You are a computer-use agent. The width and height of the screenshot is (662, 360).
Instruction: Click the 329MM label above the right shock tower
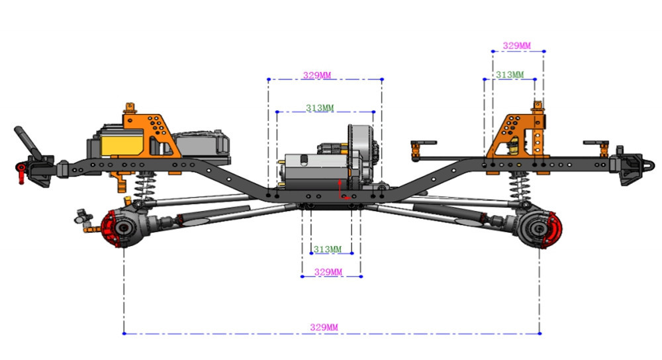tap(517, 46)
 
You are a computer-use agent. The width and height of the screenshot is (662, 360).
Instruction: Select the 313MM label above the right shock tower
tap(510, 75)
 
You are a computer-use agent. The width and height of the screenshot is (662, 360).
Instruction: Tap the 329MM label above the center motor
tap(317, 75)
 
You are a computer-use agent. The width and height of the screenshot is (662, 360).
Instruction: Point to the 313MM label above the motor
tap(320, 108)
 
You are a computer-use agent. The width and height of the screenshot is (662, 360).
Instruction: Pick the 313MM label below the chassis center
tap(328, 249)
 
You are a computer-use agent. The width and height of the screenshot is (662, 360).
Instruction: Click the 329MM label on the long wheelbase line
tap(324, 327)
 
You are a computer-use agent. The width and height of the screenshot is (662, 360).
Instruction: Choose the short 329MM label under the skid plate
tap(328, 272)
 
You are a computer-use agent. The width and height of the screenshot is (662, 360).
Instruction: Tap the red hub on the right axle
tap(553, 230)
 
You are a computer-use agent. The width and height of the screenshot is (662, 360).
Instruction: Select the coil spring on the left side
tap(144, 186)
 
